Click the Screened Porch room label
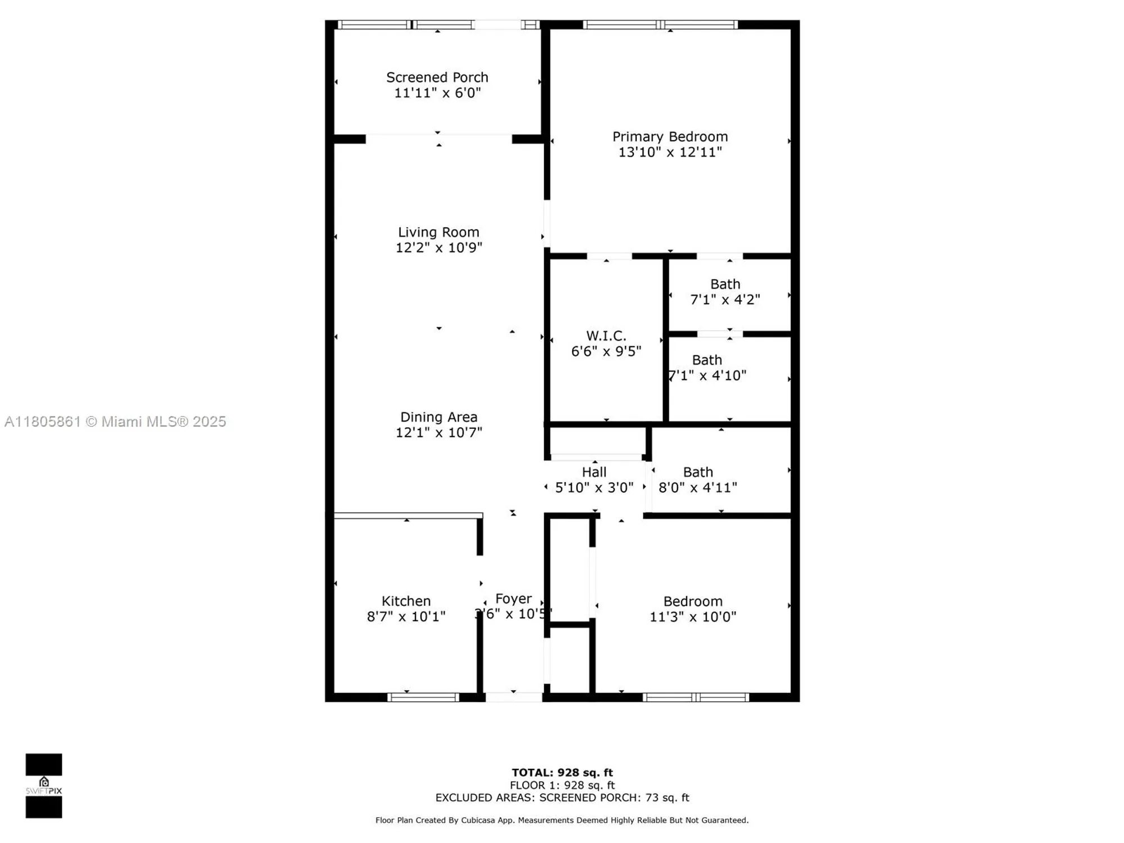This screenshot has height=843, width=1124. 437,78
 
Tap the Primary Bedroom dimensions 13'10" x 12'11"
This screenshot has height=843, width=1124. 670,152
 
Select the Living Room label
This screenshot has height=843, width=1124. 438,232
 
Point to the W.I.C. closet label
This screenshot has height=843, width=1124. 606,336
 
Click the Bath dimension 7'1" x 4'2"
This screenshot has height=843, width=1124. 725,300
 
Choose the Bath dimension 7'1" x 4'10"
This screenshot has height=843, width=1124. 707,375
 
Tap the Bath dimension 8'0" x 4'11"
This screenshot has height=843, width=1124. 697,487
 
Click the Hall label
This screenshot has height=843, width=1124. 594,472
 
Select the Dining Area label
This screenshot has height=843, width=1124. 438,417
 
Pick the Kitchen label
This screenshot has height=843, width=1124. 406,601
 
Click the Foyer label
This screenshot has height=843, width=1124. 513,599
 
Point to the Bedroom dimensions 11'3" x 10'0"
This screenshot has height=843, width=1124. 692,617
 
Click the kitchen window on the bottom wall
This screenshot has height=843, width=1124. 424,697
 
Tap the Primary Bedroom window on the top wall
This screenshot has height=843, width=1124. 660,25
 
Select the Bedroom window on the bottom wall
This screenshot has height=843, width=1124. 696,697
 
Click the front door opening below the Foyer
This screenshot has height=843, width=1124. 514,697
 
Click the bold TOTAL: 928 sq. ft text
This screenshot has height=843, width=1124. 562,772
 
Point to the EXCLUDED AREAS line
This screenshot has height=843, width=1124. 562,797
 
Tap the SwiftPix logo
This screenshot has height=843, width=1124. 44,786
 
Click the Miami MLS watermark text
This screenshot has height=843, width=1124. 115,422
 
